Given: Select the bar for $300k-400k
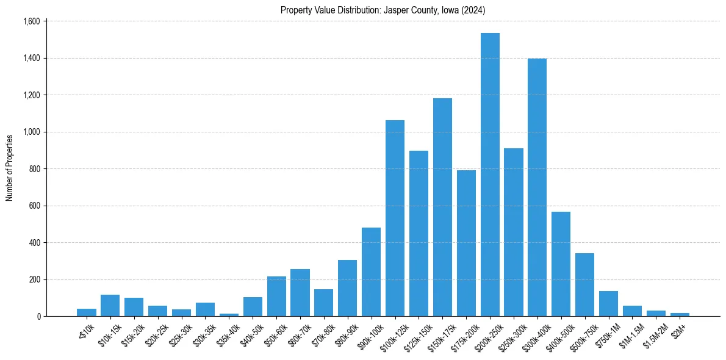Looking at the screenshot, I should [537, 189].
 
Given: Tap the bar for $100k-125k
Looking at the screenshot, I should [395, 220].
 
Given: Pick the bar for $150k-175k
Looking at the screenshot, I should [442, 207].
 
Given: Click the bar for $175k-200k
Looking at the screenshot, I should [466, 244].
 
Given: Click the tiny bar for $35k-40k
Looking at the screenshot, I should [229, 315].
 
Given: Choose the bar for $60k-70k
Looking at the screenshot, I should [300, 293].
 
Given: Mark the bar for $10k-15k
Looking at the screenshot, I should [110, 306].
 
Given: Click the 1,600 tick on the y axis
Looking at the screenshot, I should [31, 21].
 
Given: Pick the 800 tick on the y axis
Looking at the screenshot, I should [34, 169].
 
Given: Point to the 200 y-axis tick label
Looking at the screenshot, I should [34, 279].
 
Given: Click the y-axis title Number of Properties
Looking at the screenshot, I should [9, 168].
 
